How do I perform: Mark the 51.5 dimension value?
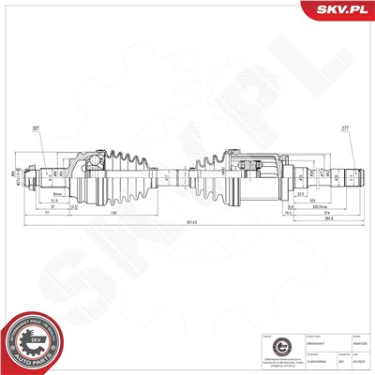(x=53, y=199)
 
